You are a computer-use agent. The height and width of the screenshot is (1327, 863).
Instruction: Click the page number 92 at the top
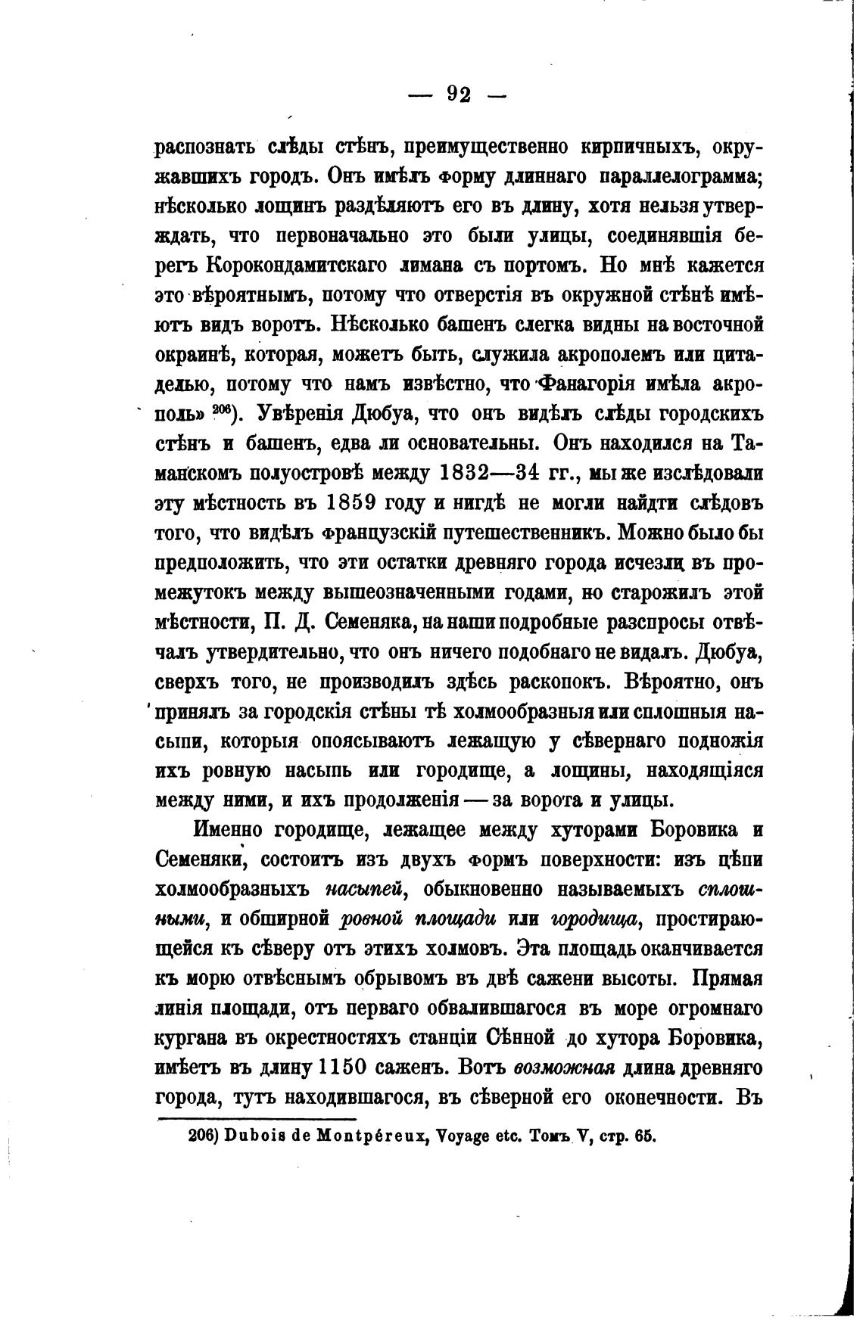click(x=459, y=94)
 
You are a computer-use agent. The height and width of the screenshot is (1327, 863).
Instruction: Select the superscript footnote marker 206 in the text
click(x=222, y=409)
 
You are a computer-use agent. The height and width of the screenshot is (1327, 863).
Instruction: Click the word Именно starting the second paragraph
click(x=237, y=829)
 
